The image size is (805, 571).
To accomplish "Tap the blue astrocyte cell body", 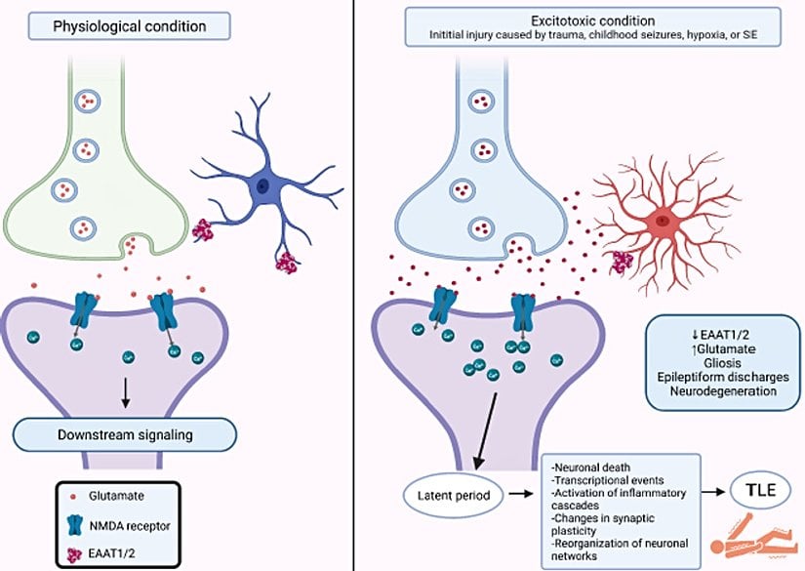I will point(262,185).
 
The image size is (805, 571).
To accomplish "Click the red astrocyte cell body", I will point(664,222).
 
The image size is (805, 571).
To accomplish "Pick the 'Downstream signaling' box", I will point(124,432).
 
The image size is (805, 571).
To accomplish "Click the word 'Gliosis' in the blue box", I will point(715,359).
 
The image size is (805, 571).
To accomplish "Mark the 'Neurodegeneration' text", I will point(715,390).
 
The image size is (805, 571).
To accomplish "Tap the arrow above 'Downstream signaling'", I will point(124,391).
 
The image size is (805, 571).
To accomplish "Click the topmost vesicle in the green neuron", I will point(90,102).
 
